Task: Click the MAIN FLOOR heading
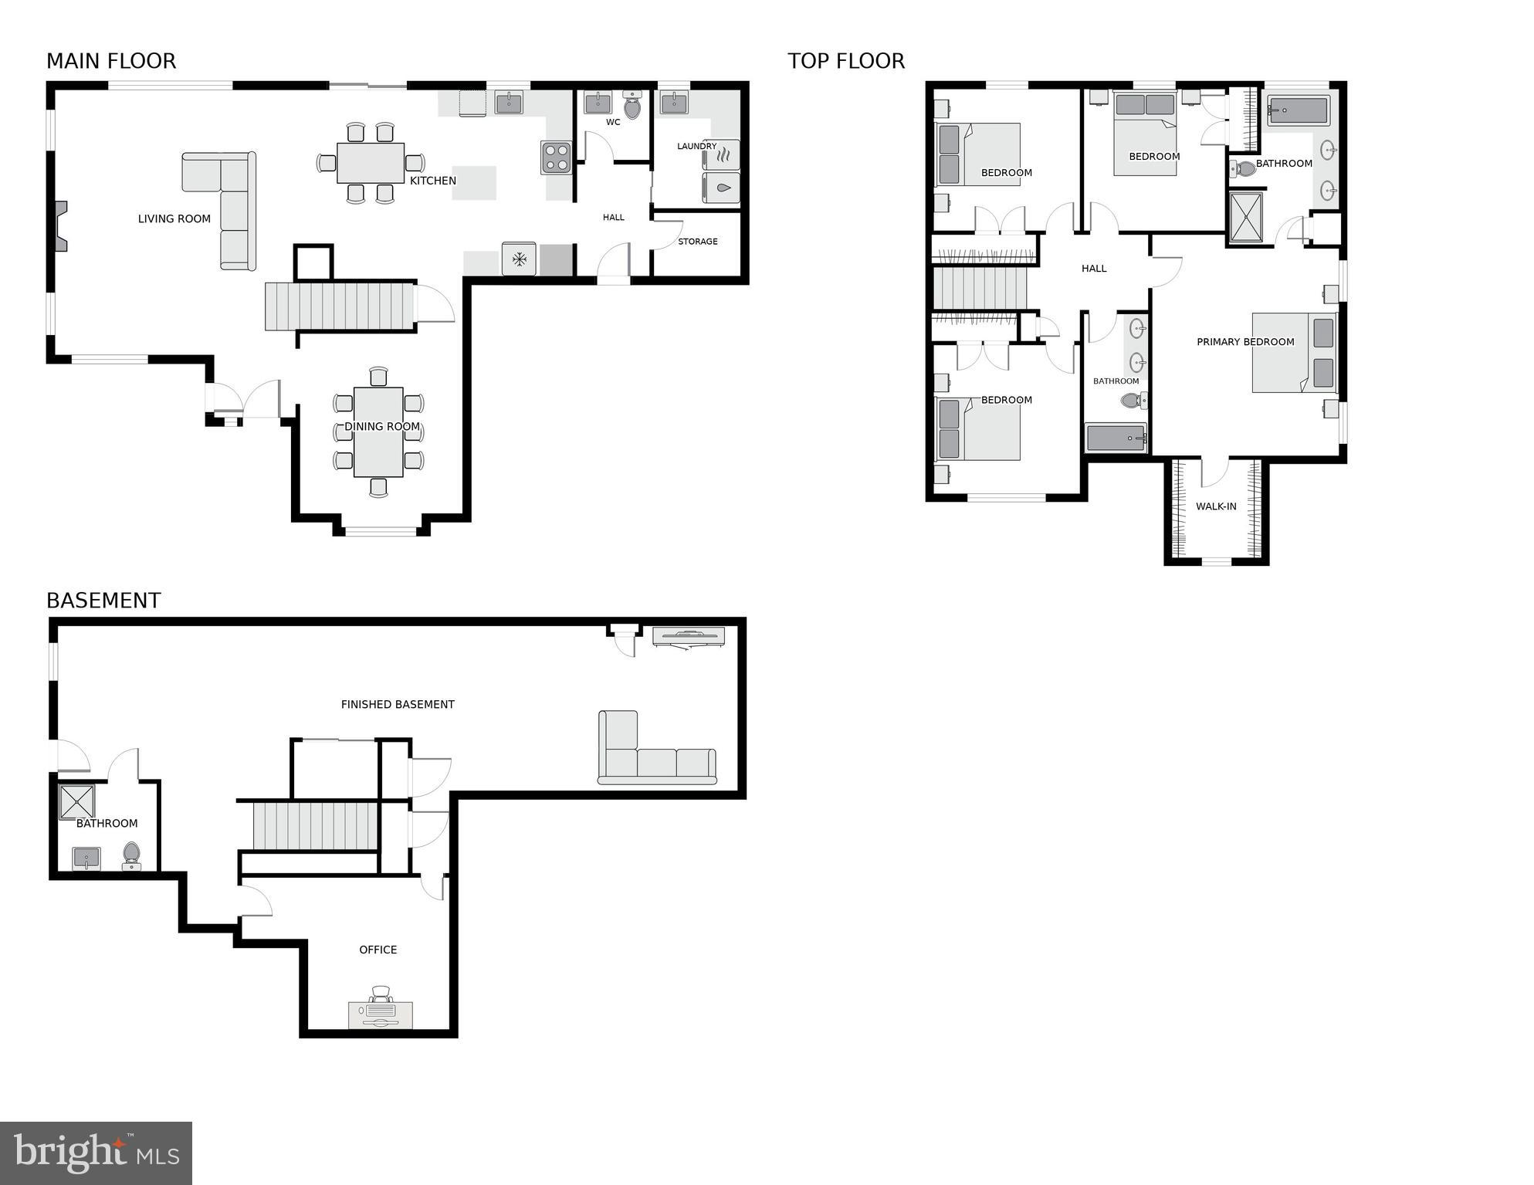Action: tap(111, 61)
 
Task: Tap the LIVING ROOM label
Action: tap(174, 218)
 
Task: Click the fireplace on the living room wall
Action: tap(60, 226)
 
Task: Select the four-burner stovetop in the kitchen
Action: tap(556, 157)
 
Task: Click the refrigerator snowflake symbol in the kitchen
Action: tap(520, 259)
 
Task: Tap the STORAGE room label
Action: tap(697, 242)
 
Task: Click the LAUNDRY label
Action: tap(696, 146)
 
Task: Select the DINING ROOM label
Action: tap(382, 426)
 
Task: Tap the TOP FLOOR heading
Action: tap(846, 61)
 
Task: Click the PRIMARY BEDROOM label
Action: tap(1244, 342)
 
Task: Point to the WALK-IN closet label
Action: tap(1216, 506)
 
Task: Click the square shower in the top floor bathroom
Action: tap(1246, 217)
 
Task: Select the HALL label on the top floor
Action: tap(1093, 269)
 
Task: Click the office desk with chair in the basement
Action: tap(381, 1011)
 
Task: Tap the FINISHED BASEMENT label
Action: tap(398, 704)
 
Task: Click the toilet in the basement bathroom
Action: tap(131, 855)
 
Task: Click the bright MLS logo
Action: tap(96, 1153)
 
